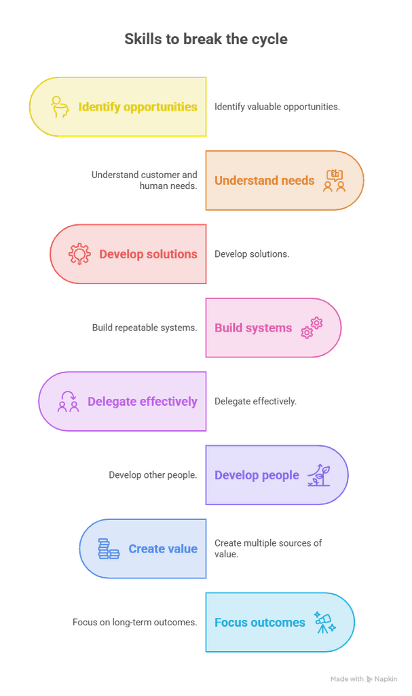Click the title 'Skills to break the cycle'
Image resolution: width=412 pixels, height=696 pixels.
pyautogui.click(x=206, y=39)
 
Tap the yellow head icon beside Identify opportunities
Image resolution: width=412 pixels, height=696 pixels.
pyautogui.click(x=60, y=107)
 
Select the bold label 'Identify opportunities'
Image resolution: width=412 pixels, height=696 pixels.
pyautogui.click(x=138, y=107)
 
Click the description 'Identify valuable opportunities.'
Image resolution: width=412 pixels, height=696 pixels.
pyautogui.click(x=277, y=107)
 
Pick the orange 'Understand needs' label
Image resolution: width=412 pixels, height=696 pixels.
pyautogui.click(x=264, y=181)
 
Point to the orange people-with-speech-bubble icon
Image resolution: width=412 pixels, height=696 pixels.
pyautogui.click(x=335, y=181)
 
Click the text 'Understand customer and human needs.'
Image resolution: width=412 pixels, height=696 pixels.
pyautogui.click(x=144, y=180)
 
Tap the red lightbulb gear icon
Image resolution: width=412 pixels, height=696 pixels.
pyautogui.click(x=79, y=254)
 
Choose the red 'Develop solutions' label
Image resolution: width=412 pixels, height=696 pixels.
pyautogui.click(x=148, y=254)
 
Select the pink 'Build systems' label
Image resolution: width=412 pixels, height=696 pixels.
pyautogui.click(x=253, y=328)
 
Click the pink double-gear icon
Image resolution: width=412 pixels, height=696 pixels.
pyautogui.click(x=312, y=328)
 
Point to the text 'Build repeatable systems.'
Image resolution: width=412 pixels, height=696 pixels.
pyautogui.click(x=145, y=328)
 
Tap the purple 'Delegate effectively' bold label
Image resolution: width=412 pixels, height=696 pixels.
pyautogui.click(x=143, y=402)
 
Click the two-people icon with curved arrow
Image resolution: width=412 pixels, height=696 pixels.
pyautogui.click(x=69, y=401)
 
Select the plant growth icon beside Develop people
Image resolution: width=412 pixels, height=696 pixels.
pyautogui.click(x=319, y=475)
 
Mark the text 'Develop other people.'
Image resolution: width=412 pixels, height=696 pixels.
pyautogui.click(x=153, y=475)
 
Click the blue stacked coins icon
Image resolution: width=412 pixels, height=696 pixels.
pyautogui.click(x=109, y=549)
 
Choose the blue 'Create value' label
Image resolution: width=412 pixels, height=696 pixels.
pyautogui.click(x=163, y=549)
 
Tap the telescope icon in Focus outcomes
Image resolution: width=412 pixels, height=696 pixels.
pyautogui.click(x=325, y=623)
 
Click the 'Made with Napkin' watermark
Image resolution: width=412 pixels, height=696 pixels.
pyautogui.click(x=364, y=679)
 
